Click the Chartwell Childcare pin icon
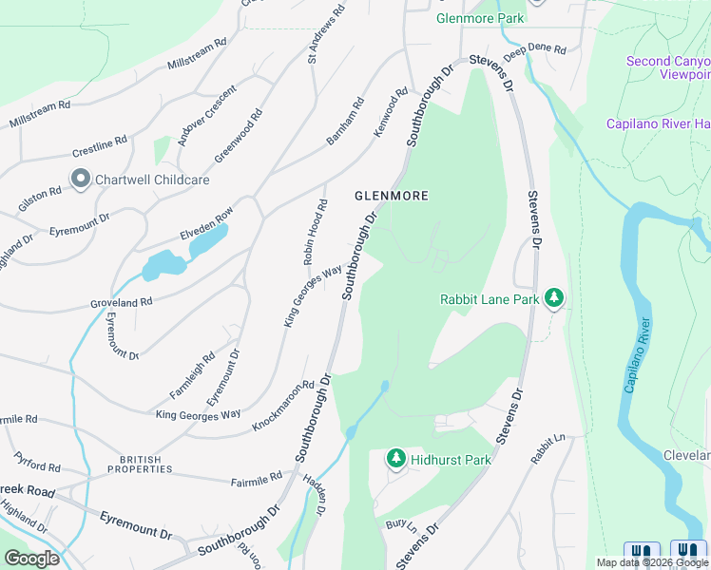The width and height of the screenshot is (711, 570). click(80, 179)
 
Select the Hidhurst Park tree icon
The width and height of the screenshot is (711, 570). click(396, 459)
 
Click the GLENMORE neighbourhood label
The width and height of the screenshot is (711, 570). click(392, 196)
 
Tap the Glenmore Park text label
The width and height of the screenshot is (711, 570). click(468, 18)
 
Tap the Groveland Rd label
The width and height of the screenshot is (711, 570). click(122, 301)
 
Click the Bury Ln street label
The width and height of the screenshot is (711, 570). click(396, 524)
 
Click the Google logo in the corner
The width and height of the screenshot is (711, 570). click(31, 558)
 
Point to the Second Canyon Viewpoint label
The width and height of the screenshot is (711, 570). click(668, 67)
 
